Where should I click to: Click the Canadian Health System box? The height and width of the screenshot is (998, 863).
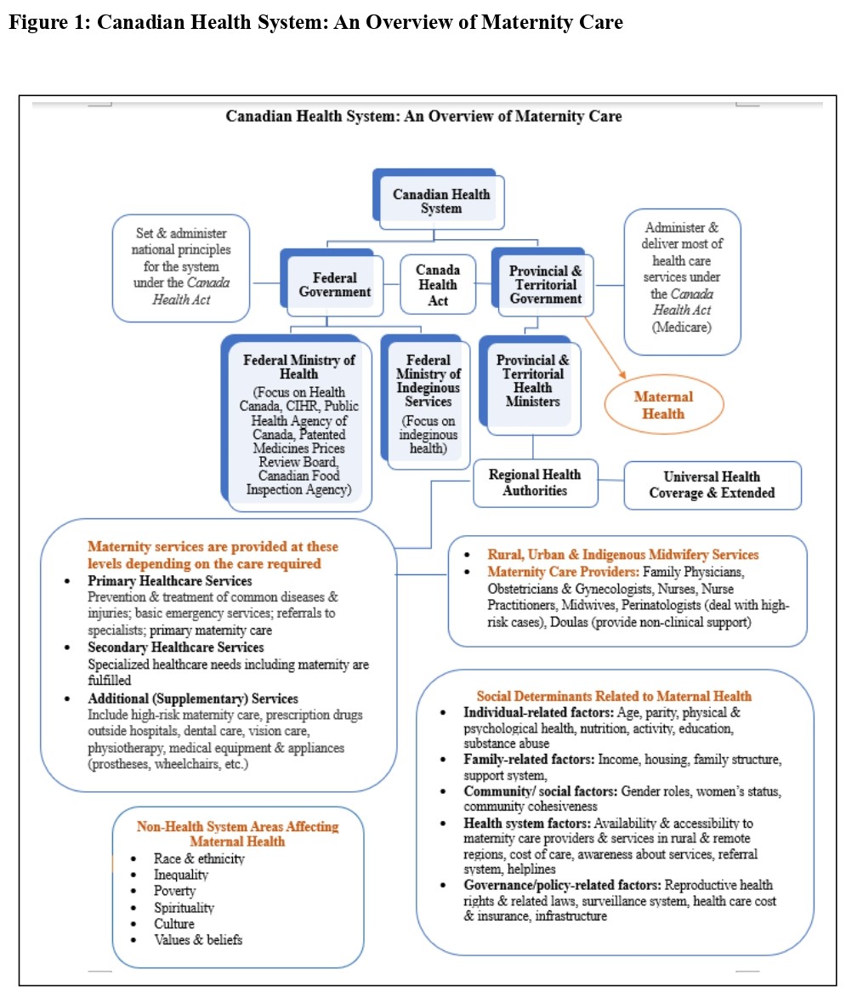[441, 202]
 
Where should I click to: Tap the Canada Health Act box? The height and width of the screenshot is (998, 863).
[438, 285]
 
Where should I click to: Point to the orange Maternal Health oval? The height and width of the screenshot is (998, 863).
[664, 405]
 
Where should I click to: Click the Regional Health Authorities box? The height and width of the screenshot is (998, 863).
[535, 482]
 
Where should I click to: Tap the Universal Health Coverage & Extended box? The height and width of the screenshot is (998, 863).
[713, 485]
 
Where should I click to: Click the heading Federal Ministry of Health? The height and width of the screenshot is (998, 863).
[299, 367]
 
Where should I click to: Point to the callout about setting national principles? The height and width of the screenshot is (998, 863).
[181, 267]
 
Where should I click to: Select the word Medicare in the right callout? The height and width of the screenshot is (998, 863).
[683, 327]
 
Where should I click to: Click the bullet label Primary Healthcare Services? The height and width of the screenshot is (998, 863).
[170, 581]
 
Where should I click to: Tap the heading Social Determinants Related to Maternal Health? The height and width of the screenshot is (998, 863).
[614, 696]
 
